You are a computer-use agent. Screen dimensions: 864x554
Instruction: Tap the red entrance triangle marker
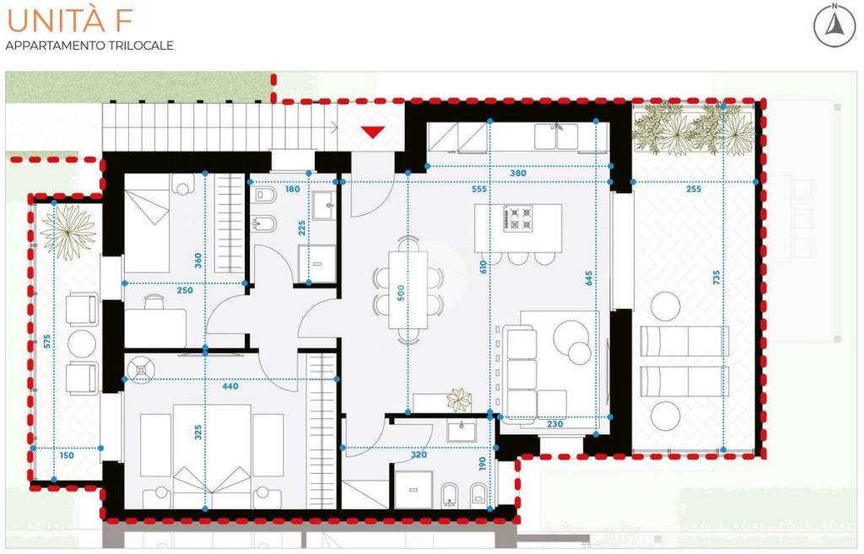pyautogui.click(x=372, y=132)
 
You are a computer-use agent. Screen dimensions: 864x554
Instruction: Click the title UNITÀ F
pyautogui.click(x=69, y=20)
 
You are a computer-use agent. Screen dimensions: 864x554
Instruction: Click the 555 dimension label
pyautogui.click(x=479, y=189)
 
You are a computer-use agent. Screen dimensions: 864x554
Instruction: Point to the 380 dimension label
pyautogui.click(x=518, y=173)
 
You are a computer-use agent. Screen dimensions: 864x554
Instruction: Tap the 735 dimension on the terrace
pyautogui.click(x=716, y=277)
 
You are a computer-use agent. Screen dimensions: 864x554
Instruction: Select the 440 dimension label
pyautogui.click(x=230, y=386)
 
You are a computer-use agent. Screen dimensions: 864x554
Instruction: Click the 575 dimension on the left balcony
pyautogui.click(x=47, y=341)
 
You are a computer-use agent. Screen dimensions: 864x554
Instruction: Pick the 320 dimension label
pyautogui.click(x=418, y=455)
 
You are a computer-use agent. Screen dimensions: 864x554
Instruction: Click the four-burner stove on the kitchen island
pyautogui.click(x=518, y=218)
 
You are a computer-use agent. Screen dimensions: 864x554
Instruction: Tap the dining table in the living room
pyautogui.click(x=408, y=290)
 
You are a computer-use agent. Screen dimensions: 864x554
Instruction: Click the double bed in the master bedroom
pyautogui.click(x=212, y=456)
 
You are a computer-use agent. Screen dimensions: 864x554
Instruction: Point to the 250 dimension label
pyautogui.click(x=185, y=290)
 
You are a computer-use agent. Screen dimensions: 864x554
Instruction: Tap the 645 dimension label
pyautogui.click(x=589, y=278)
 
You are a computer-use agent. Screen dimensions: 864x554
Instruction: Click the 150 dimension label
pyautogui.click(x=66, y=455)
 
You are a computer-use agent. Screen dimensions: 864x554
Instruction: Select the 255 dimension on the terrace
pyautogui.click(x=694, y=189)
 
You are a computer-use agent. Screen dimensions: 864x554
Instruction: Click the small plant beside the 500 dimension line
pyautogui.click(x=459, y=399)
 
